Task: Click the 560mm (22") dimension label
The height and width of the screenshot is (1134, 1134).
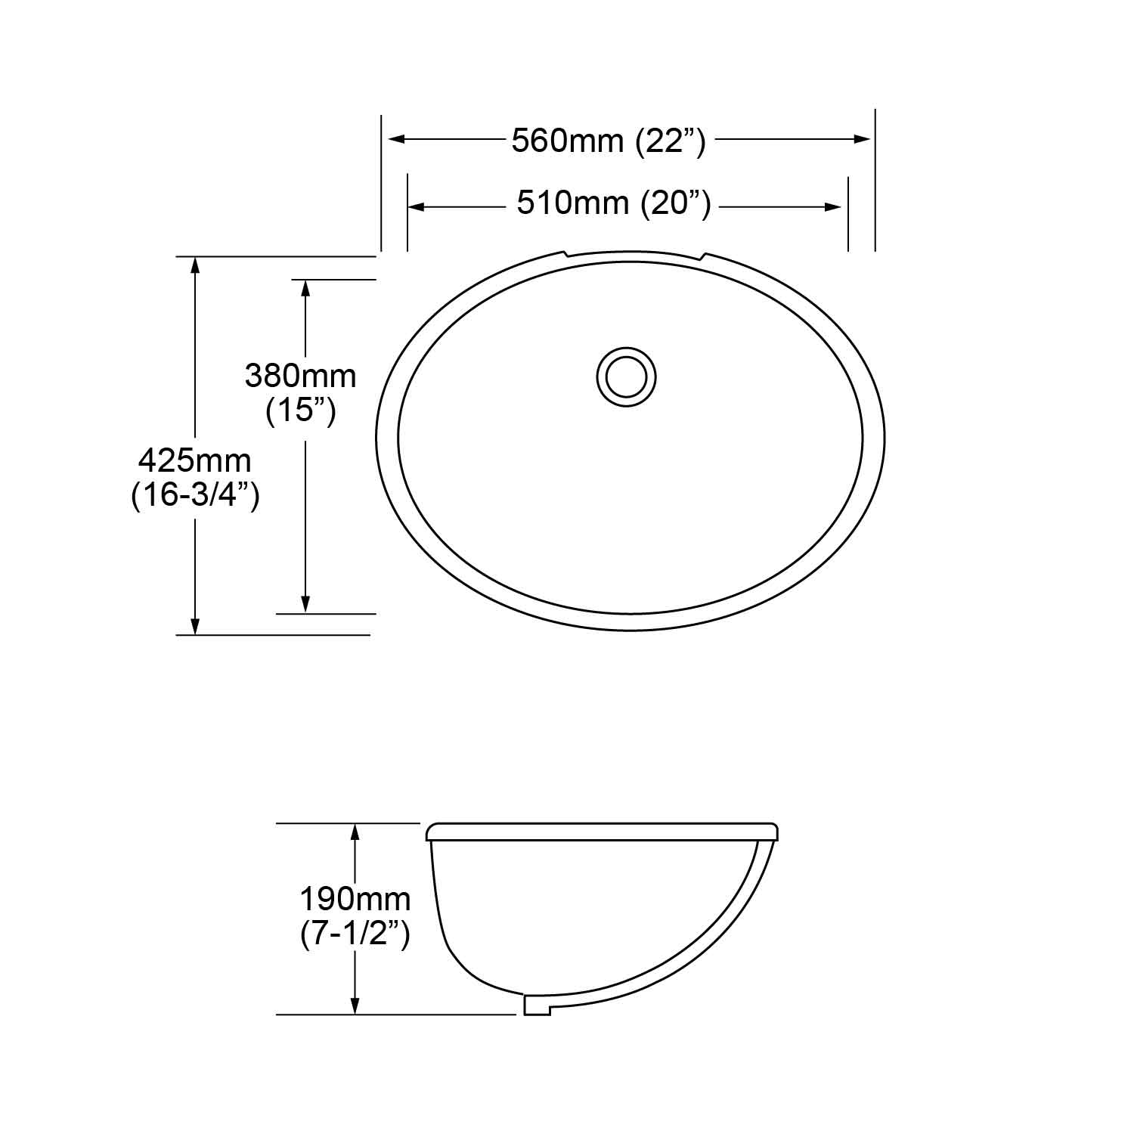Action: (x=609, y=141)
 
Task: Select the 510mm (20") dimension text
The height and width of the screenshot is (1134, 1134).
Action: (x=614, y=203)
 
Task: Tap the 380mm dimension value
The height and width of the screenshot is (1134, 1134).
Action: (x=300, y=376)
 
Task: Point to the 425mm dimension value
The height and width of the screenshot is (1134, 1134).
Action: (x=195, y=460)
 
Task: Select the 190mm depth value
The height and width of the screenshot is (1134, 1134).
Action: (x=355, y=899)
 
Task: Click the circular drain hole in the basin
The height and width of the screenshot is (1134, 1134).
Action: (x=626, y=377)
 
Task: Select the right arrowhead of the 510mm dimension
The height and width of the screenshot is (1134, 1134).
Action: (x=833, y=206)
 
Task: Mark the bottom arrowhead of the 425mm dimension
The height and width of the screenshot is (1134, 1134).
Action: (x=195, y=625)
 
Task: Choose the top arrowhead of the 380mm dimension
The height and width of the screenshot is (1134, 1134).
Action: (x=305, y=290)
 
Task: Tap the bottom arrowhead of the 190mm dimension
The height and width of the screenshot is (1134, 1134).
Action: (x=355, y=1005)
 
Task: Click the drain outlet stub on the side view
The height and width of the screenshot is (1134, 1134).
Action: (x=537, y=1005)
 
